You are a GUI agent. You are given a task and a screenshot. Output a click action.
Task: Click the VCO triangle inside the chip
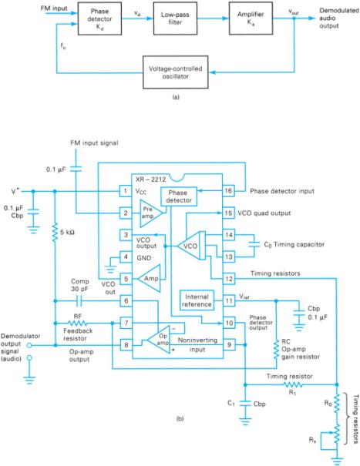point(186,246)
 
